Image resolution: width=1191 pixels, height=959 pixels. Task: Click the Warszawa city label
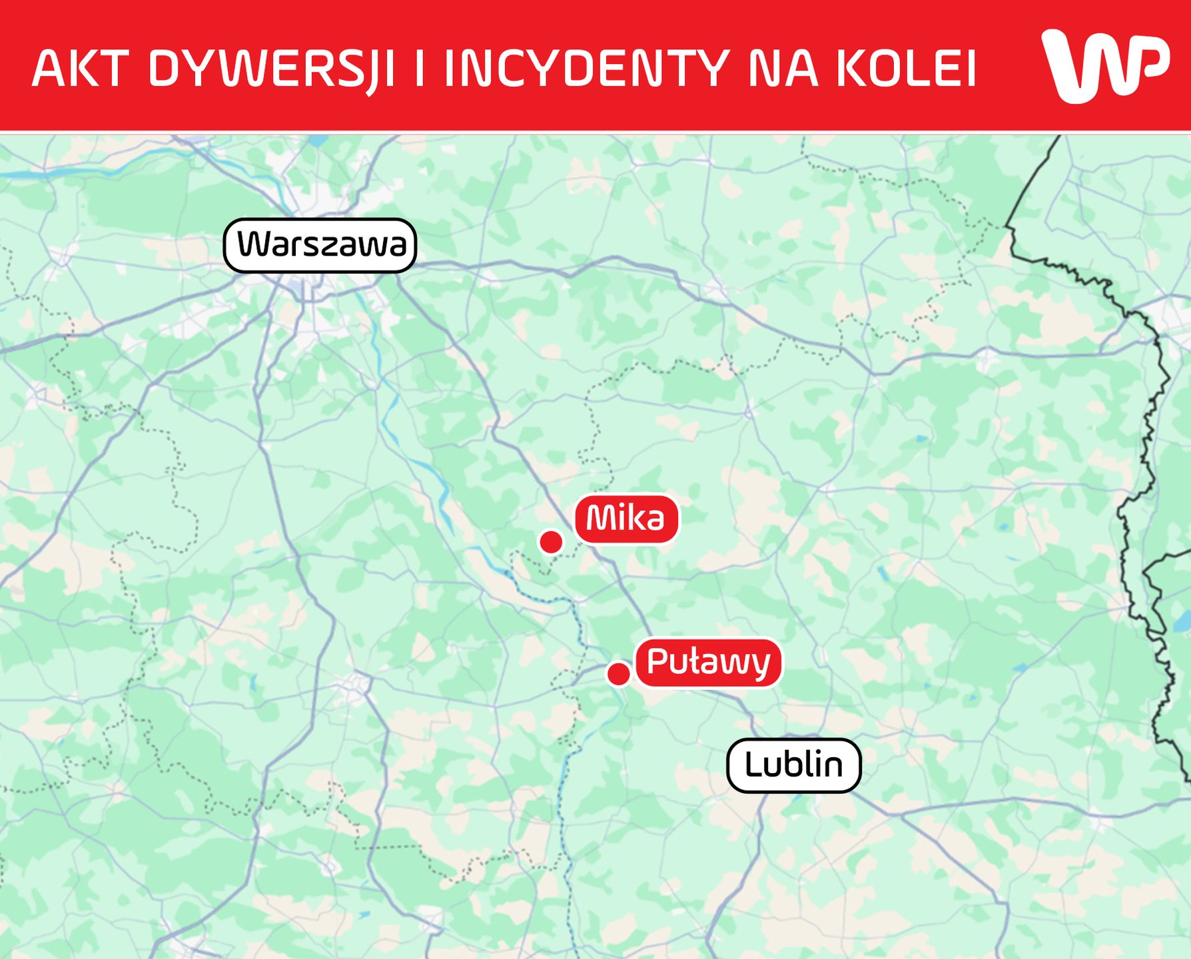(320, 245)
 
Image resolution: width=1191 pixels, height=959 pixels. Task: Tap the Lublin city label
(793, 765)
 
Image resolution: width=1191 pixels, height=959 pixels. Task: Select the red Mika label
(626, 519)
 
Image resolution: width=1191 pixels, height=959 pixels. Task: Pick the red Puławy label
(708, 663)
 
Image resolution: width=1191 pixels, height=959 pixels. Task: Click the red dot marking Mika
(551, 542)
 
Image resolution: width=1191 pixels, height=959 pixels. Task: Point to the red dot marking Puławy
(619, 674)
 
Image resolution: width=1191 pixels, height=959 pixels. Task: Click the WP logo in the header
(1105, 65)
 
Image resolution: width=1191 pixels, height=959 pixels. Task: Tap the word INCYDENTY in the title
(586, 68)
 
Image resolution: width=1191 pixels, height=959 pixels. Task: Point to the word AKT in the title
(79, 68)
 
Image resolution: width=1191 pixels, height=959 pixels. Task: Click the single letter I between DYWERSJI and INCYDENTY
(420, 68)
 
